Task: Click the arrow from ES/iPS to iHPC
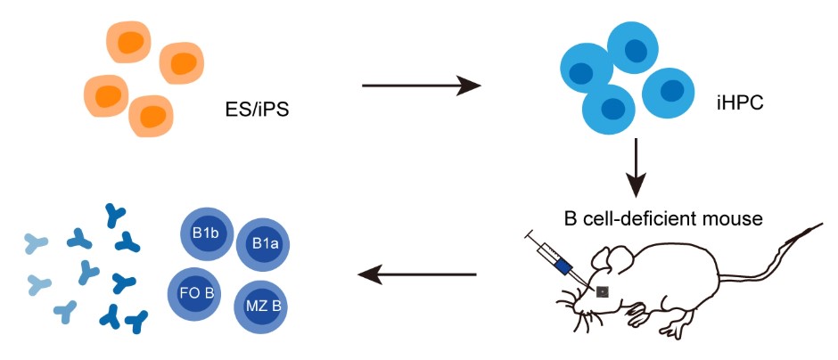point(421,86)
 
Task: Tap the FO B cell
point(193,292)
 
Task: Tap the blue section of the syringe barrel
point(562,265)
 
